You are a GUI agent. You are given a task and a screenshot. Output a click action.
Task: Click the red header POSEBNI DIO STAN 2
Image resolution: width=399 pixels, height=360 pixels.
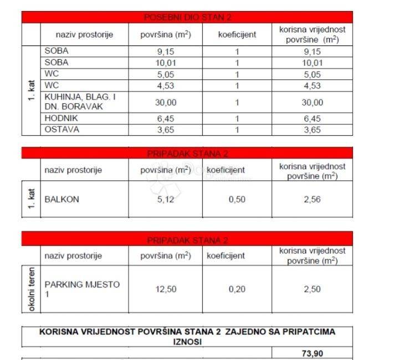click(x=187, y=17)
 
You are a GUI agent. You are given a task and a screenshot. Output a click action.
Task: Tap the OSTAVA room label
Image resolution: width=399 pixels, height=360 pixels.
click(x=62, y=129)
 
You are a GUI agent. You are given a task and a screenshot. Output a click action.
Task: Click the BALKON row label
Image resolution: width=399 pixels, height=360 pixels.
click(x=61, y=199)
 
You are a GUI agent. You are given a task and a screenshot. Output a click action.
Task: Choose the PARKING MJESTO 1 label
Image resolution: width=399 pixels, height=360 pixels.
click(x=81, y=289)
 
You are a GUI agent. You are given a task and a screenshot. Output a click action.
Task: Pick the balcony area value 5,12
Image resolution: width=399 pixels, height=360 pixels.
click(x=165, y=199)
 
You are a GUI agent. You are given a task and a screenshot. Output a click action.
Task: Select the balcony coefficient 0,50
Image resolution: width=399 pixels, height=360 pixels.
click(x=237, y=199)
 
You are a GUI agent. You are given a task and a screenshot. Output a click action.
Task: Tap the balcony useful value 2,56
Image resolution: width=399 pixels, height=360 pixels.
click(x=311, y=199)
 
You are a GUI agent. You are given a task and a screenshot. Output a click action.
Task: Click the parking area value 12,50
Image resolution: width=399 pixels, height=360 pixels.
click(x=165, y=289)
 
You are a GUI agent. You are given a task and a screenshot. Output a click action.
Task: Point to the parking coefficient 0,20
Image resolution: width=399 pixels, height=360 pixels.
click(x=237, y=289)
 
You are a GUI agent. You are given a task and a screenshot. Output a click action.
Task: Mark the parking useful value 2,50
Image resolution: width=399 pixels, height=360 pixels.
click(x=311, y=289)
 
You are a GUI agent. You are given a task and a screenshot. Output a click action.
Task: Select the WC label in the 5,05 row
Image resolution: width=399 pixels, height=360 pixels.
click(x=52, y=73)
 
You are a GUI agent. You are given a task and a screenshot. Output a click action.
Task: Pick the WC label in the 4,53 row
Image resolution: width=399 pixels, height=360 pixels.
click(x=52, y=85)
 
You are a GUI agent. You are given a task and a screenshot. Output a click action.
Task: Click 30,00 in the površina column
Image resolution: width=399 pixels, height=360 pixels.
click(x=165, y=102)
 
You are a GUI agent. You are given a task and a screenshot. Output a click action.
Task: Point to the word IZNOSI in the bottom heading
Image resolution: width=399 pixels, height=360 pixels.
click(x=187, y=342)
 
